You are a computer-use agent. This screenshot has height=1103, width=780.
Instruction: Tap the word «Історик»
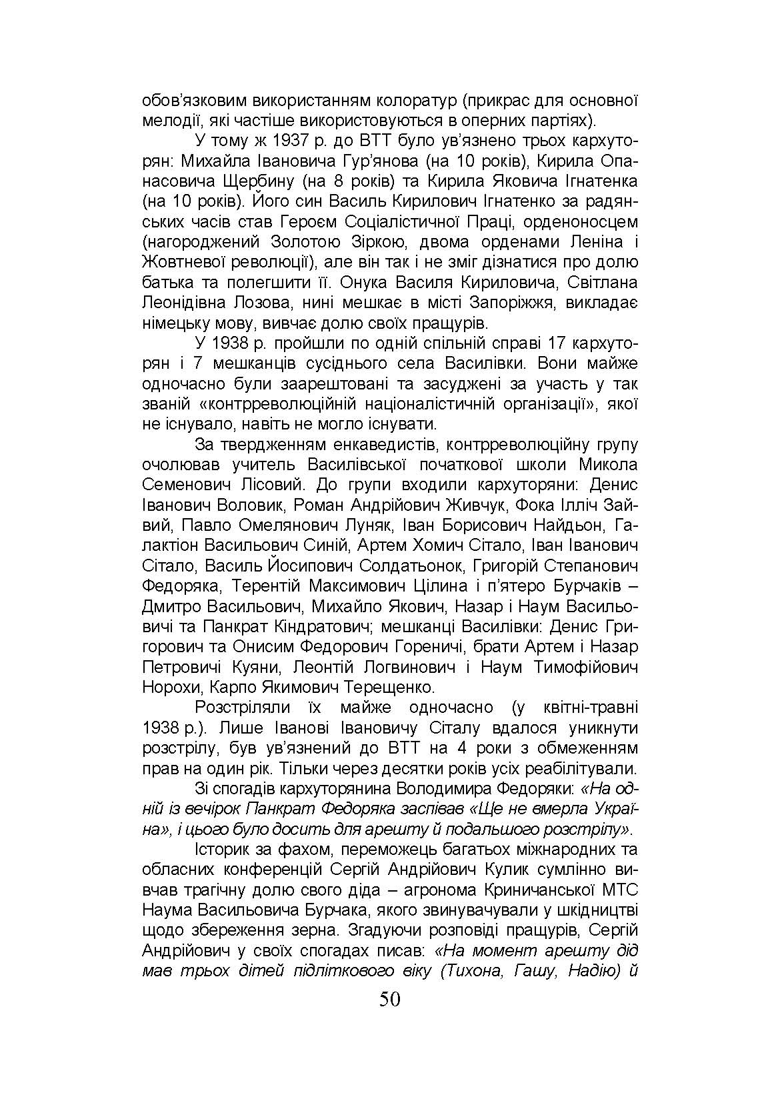[x=224, y=850]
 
